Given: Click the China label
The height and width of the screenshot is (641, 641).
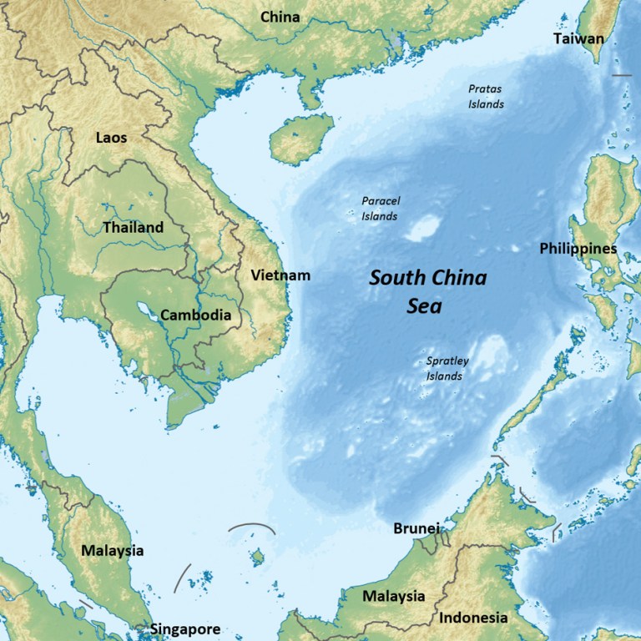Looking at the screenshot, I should click(x=280, y=17).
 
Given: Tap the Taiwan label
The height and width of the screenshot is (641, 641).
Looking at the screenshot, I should click(x=578, y=38).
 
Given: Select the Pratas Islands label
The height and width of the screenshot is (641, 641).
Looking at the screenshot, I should click(x=485, y=96).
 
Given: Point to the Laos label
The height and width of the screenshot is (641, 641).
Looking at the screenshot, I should click(x=111, y=137).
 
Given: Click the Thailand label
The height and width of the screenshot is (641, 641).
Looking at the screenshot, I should click(x=133, y=227).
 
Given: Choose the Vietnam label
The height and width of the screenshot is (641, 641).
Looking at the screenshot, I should click(x=280, y=275).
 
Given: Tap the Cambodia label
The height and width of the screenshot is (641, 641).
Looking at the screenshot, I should click(x=195, y=315).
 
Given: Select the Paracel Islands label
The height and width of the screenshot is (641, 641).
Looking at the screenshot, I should click(x=379, y=209).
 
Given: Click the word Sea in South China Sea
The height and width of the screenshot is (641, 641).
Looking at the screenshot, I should click(x=424, y=306).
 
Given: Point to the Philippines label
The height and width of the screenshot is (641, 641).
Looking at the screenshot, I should click(x=578, y=249).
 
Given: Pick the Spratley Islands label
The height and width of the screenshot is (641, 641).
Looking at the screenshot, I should click(x=447, y=368).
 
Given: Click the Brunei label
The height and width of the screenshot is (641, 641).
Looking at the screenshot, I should click(x=416, y=529).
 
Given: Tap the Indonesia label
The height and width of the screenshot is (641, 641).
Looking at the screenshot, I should click(x=473, y=618).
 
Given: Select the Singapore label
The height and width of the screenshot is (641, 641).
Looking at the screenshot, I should click(x=185, y=629).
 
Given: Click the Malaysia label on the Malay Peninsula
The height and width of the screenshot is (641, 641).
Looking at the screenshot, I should click(x=112, y=551).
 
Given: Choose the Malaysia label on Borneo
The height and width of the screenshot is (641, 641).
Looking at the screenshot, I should click(x=393, y=597).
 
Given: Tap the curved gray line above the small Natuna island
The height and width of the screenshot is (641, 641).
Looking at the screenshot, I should click(x=251, y=527).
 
